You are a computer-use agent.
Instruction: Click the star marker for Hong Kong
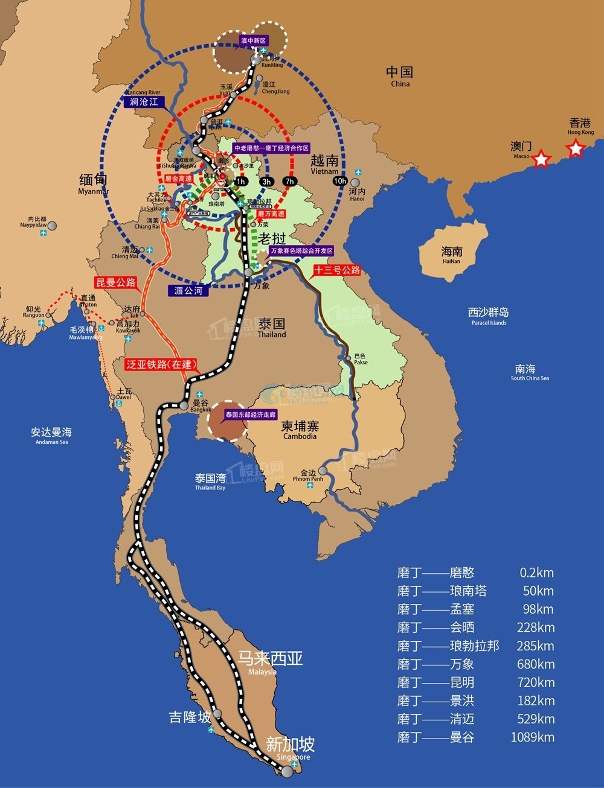coord(576,148)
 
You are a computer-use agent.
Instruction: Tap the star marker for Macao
coord(542,159)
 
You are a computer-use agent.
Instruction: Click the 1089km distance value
coord(532,737)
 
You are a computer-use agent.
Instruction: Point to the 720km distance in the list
coord(536,682)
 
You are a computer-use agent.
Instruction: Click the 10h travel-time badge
coord(339,181)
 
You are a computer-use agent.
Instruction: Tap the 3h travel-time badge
coord(266,182)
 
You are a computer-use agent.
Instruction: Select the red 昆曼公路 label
coord(115,282)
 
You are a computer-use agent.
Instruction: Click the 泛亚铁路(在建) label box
coord(161,364)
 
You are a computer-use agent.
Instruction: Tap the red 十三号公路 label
coord(336,270)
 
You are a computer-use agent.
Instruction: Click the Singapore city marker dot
coord(287,771)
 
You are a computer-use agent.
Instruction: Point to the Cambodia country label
coord(300,430)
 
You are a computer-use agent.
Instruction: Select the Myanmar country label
coord(94,183)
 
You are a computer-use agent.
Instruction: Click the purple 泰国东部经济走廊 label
coord(250,415)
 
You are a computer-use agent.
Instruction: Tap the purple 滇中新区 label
coord(253,40)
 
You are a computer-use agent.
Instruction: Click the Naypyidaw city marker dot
coord(53,226)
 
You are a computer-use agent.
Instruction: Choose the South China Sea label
coord(529,372)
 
